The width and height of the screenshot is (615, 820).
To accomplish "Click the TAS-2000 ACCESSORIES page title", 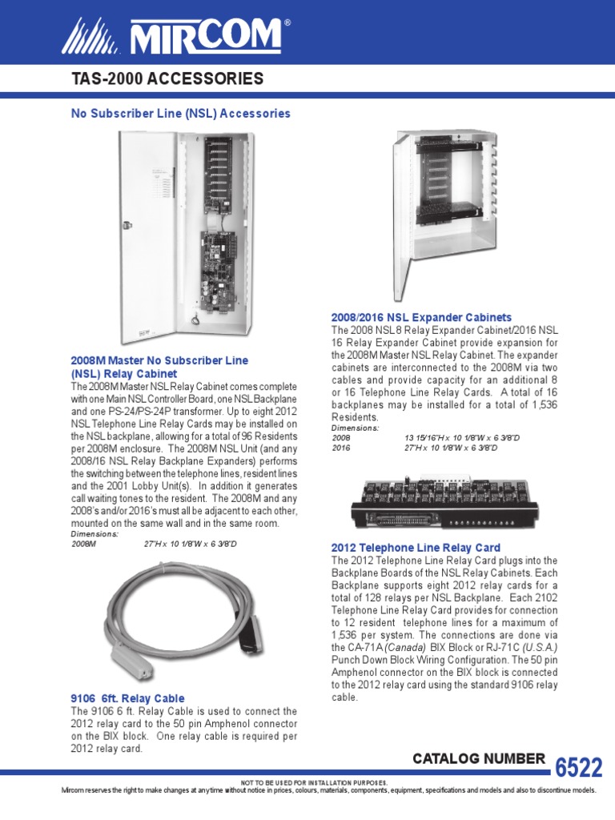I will [167, 78].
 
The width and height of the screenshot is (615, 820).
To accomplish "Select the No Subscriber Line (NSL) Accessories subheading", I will [181, 114].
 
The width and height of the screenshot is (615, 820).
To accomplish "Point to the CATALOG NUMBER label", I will [479, 758].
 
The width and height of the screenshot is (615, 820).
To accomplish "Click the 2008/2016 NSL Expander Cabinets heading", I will [421, 317].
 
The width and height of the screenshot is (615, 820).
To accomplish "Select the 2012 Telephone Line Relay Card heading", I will [416, 547].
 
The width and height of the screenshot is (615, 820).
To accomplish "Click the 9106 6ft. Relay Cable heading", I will [128, 698].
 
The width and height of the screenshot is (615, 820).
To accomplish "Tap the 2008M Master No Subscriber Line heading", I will [160, 360].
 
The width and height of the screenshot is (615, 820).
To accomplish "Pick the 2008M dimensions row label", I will [83, 544].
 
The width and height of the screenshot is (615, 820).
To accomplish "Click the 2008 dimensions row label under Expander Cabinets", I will [341, 438].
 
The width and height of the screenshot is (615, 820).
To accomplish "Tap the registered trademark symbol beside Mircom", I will [287, 24].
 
